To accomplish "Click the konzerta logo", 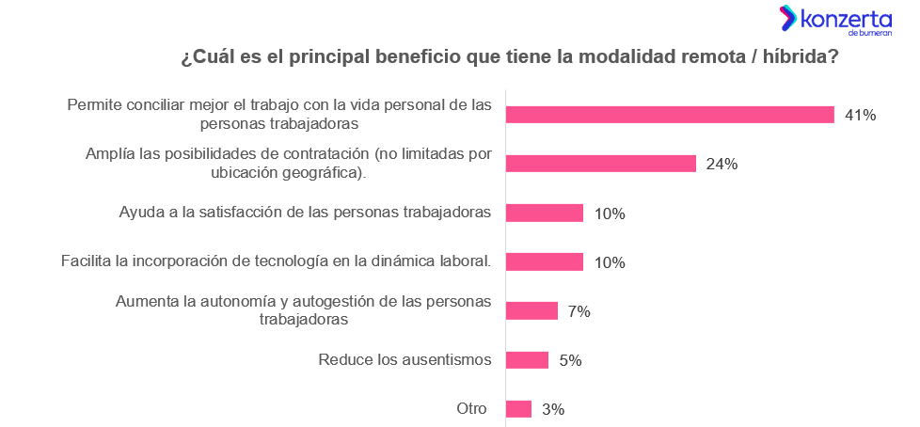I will tap(835, 20).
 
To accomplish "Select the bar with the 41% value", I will tap(670, 115).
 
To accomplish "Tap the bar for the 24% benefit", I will tap(600, 164).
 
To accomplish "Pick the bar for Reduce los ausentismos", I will tap(527, 360).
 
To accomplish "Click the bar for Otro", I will tap(518, 409).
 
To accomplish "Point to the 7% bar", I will tap(531, 311).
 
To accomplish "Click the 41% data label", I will tap(860, 116).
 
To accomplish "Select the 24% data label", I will tap(722, 165).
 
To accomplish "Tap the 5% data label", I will tap(570, 360).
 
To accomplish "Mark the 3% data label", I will tap(553, 409).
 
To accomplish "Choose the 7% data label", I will tap(579, 311).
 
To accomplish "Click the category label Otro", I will tap(471, 408).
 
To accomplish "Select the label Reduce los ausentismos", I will tap(405, 359).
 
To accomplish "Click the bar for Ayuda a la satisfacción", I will tap(545, 213).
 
